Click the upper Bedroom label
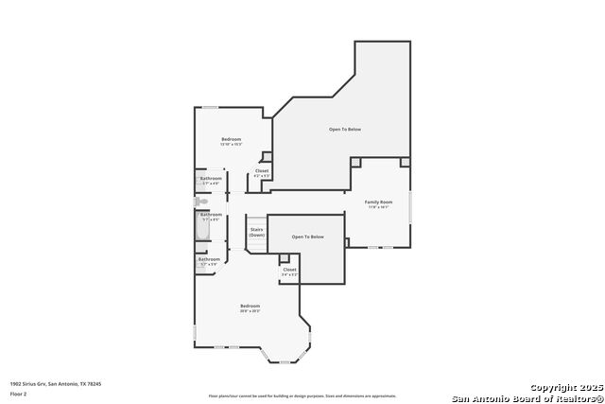232,140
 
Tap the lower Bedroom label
250,307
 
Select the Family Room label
379,202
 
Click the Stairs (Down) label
256,232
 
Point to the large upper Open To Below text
345,129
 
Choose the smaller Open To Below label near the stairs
307,237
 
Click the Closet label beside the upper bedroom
262,172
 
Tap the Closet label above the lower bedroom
289,271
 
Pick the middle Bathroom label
211,216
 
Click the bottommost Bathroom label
209,260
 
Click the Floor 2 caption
17,391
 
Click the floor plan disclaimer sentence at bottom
302,395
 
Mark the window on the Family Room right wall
410,206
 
